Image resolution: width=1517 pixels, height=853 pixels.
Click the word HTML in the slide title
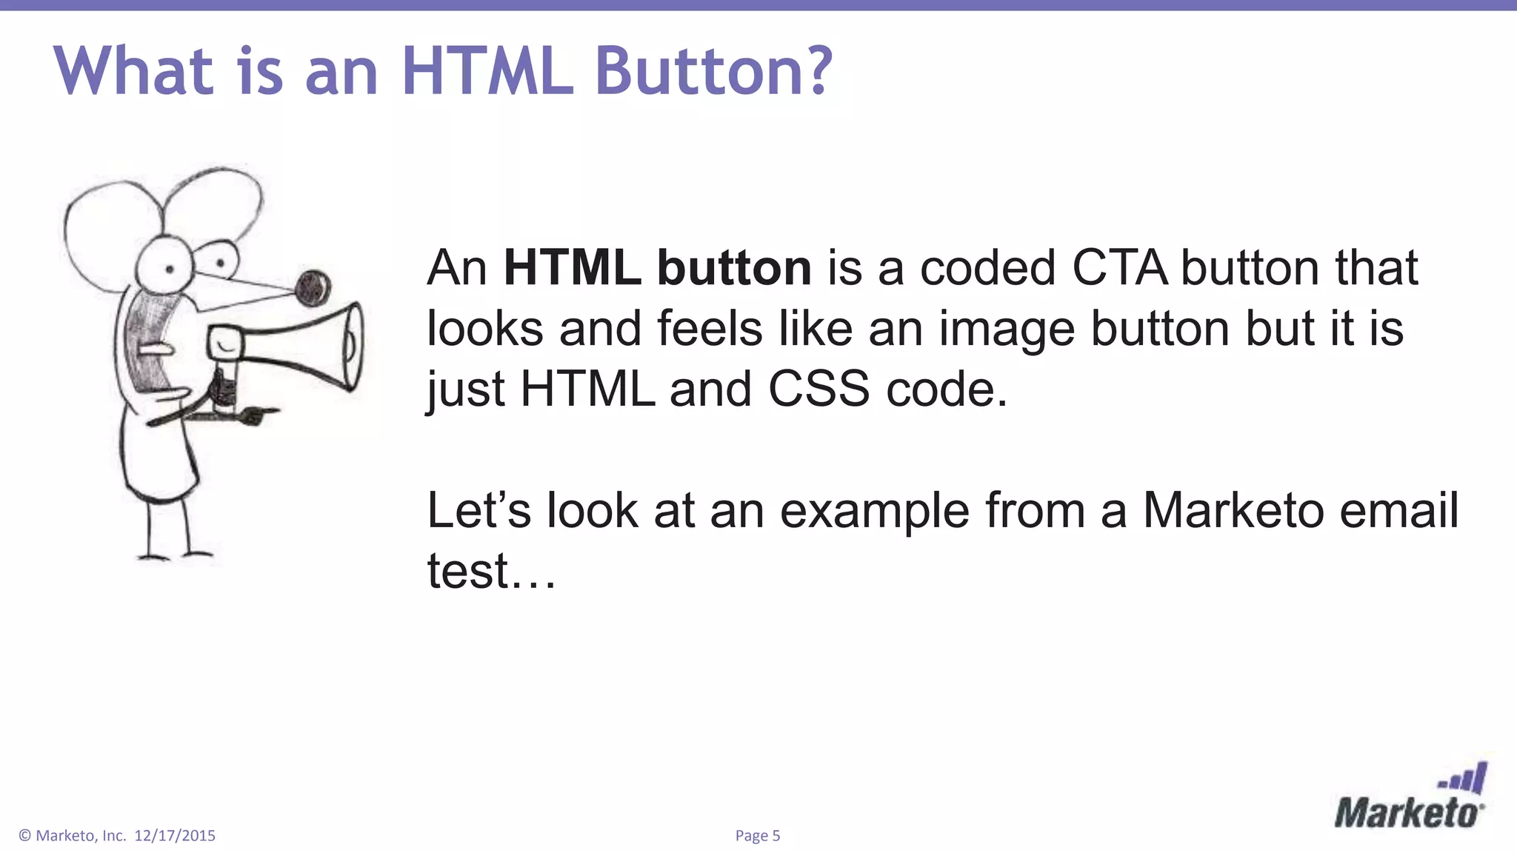click(x=487, y=71)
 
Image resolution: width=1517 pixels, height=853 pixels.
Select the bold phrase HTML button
click(x=657, y=267)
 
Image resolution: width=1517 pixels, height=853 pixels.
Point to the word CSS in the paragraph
click(x=818, y=389)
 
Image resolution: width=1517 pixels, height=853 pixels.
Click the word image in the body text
click(x=1007, y=329)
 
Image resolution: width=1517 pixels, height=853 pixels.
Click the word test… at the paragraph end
click(x=490, y=571)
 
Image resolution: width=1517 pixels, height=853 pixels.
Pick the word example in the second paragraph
click(x=874, y=510)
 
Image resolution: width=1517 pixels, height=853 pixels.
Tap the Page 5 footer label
click(x=757, y=836)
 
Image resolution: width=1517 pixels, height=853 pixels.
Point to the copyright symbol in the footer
click(x=25, y=836)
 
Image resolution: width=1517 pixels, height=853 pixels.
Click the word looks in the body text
click(x=484, y=329)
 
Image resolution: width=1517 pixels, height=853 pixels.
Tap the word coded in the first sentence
click(x=987, y=267)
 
